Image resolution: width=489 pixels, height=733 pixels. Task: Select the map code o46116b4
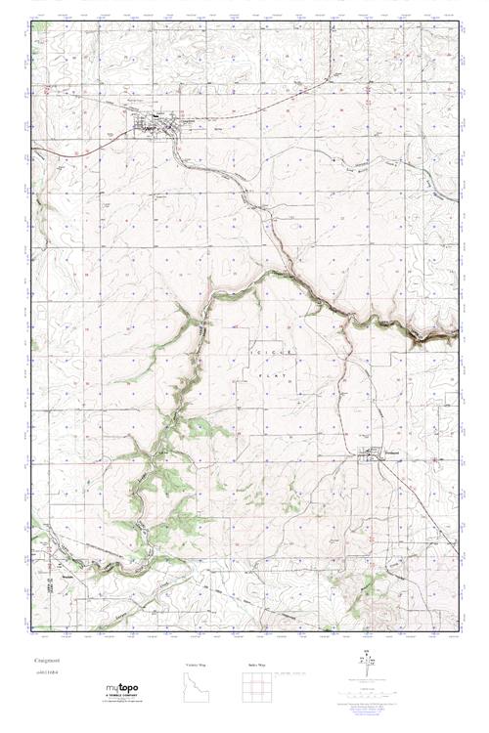click(45, 673)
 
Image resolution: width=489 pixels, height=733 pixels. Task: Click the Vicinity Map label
click(196, 664)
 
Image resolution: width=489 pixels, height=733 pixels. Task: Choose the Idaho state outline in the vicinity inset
click(196, 687)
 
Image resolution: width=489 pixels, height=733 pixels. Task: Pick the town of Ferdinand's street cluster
click(371, 453)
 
